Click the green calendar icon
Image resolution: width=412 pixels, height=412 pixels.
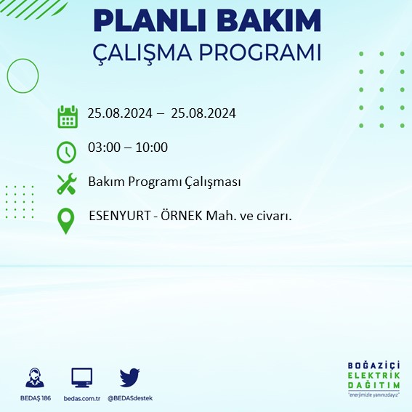[68, 116]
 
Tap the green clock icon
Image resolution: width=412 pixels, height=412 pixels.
[66, 152]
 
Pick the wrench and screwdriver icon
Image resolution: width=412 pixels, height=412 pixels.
[67, 183]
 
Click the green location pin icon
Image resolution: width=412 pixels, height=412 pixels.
[67, 220]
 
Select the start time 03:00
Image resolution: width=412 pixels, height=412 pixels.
[104, 148]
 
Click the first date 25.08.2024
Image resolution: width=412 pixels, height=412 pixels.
[119, 113]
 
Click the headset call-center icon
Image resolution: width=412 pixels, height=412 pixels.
[33, 378]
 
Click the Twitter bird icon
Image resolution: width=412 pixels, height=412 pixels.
[129, 377]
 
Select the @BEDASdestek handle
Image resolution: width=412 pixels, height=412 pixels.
[129, 397]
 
